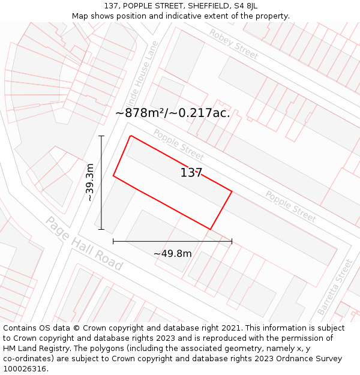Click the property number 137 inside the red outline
[x=191, y=173]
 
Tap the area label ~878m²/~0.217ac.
[x=173, y=113]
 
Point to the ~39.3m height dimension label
[x=90, y=182]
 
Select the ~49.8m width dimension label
[x=173, y=254]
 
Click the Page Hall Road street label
[x=84, y=243]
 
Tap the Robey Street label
[x=233, y=44]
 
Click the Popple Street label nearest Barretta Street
[x=290, y=207]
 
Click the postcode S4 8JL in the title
[x=245, y=6]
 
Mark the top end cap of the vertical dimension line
[x=101, y=136]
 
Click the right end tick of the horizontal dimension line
[x=232, y=241]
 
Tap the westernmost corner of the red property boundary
[x=113, y=176]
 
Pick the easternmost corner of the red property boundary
[x=232, y=192]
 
